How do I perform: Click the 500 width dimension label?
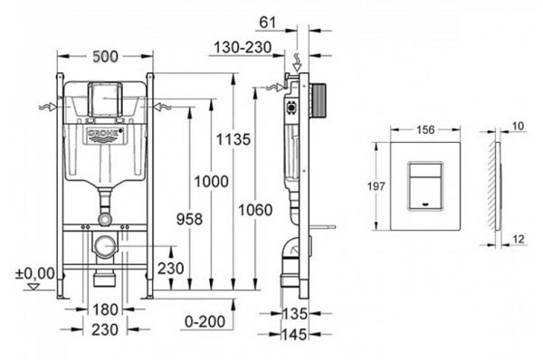pos(105,56)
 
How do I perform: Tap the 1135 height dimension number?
pos(233,139)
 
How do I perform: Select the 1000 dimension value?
pos(211,182)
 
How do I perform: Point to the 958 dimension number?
pos(189,219)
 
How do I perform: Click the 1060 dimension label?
pos(255,210)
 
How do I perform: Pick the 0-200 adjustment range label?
pos(205,322)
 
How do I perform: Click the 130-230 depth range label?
pos(243,47)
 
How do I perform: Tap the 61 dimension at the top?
pos(268,23)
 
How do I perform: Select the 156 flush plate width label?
pos(425,130)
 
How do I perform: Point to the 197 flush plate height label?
pos(376,186)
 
